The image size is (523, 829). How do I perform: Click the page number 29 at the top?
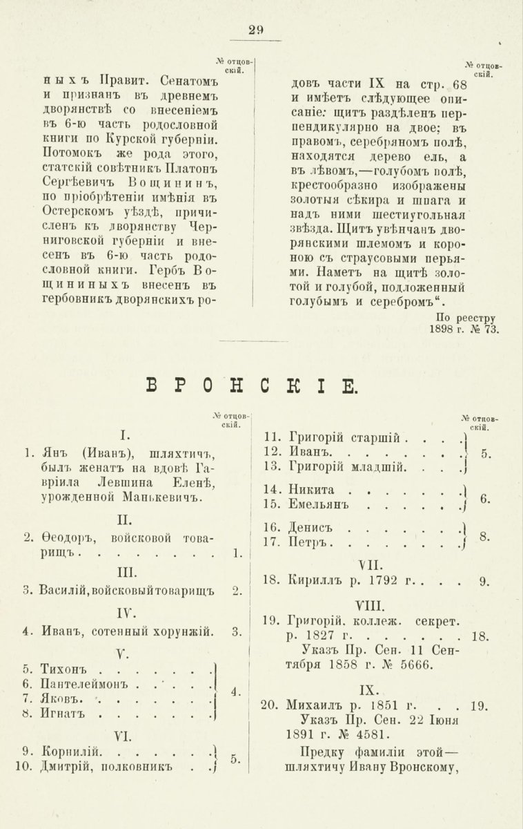tap(255, 29)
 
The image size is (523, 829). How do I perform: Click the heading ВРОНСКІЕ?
tap(252, 384)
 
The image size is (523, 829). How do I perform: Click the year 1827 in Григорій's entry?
tap(322, 635)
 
